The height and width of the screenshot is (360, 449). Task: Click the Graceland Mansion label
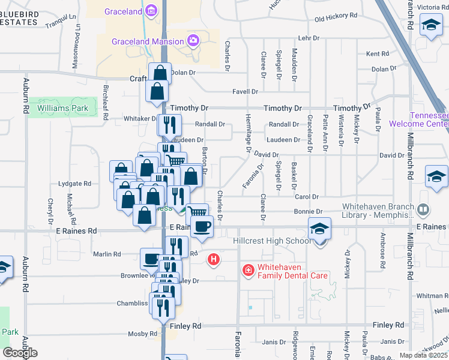pyautogui.click(x=147, y=41)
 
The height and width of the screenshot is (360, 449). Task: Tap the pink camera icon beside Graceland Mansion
pyautogui.click(x=193, y=41)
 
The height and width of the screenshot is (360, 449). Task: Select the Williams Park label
pyautogui.click(x=62, y=109)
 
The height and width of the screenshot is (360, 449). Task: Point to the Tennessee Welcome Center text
pyautogui.click(x=419, y=120)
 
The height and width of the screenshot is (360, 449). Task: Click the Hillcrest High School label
pyautogui.click(x=272, y=241)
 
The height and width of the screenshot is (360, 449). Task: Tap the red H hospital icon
pyautogui.click(x=213, y=260)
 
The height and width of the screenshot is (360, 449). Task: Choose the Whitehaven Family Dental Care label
pyautogui.click(x=292, y=271)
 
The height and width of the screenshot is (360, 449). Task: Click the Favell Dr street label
pyautogui.click(x=245, y=92)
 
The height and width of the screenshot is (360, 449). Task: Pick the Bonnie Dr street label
pyautogui.click(x=308, y=212)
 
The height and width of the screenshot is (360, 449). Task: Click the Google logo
pyautogui.click(x=20, y=353)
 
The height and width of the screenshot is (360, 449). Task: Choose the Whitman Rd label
pyautogui.click(x=432, y=296)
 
